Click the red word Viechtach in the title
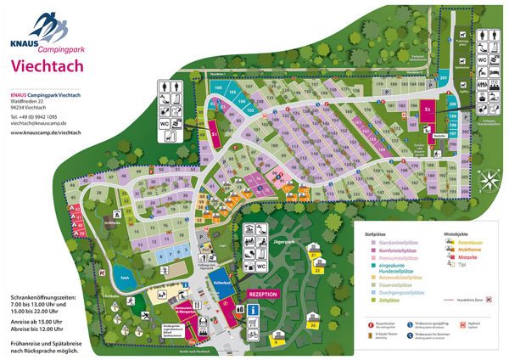coord(46,67)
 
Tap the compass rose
coord(489,180)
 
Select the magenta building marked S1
coord(215,133)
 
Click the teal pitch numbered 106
coord(218,88)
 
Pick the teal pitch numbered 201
coord(444,80)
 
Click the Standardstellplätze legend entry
coord(399,239)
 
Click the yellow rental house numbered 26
coord(313,324)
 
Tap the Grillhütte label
coord(86,222)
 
